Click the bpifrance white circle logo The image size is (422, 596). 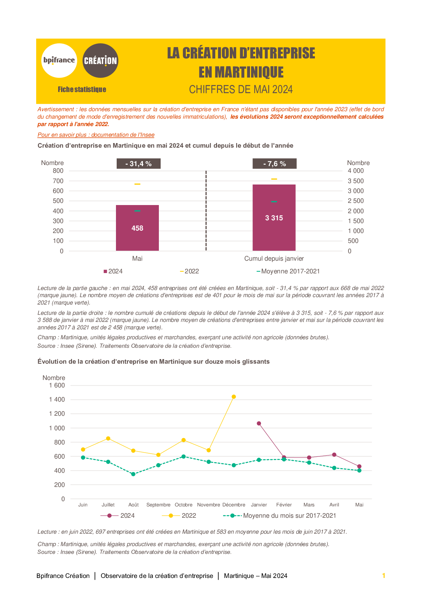point(59,61)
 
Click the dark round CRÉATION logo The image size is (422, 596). point(100,61)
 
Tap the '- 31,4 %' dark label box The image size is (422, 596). point(139,164)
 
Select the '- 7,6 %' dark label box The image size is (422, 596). point(274,164)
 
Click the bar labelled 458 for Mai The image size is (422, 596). point(137,228)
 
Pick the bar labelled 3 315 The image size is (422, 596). point(274,218)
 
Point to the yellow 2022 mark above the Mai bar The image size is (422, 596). point(137,184)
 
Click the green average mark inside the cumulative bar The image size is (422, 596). point(274,202)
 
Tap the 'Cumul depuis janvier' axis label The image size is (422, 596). point(274,259)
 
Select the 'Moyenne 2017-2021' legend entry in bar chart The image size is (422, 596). point(288,271)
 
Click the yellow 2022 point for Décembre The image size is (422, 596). point(234,397)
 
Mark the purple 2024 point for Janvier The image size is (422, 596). point(259,423)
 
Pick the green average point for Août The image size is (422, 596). point(133,474)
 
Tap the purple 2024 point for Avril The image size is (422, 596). point(334,455)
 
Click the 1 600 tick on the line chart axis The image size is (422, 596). point(57,385)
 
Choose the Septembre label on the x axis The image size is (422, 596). point(158,505)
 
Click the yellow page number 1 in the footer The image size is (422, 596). point(384,576)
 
